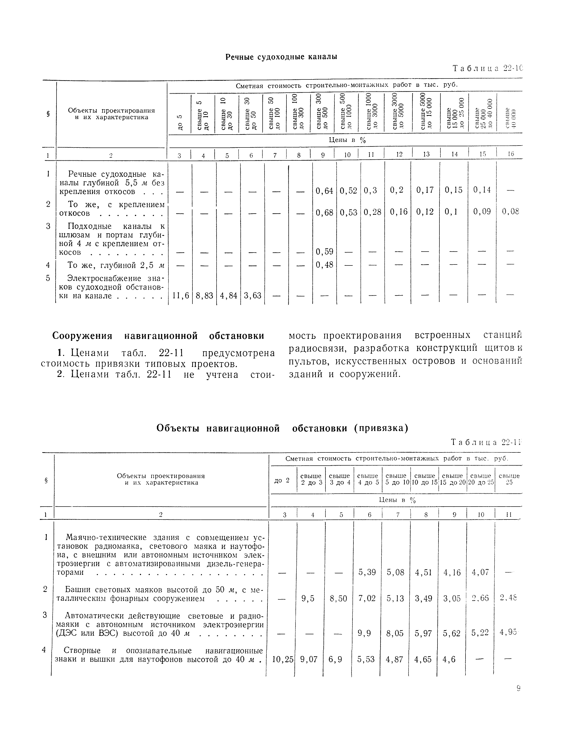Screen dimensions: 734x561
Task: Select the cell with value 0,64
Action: tap(324, 191)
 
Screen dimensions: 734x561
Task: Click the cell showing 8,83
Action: tap(204, 296)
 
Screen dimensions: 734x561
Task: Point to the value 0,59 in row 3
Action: tap(324, 252)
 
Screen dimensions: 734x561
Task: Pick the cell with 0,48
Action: tap(324, 265)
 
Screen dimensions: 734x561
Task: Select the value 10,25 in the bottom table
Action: tap(283, 659)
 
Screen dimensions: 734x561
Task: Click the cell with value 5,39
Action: tap(367, 572)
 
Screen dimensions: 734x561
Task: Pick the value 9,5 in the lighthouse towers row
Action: tap(308, 598)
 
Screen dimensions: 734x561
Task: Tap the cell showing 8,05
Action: tap(395, 633)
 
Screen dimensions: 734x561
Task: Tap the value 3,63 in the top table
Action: tap(252, 296)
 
